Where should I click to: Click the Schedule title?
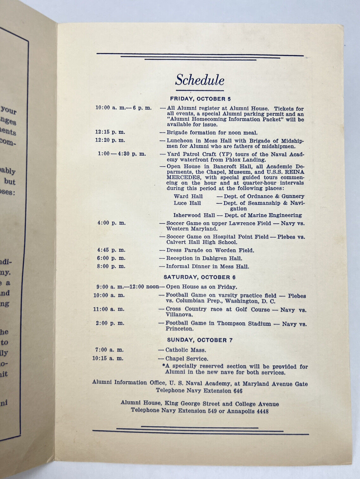tap(200, 80)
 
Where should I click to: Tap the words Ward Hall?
tap(188, 196)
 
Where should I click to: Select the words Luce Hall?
tap(187, 203)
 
